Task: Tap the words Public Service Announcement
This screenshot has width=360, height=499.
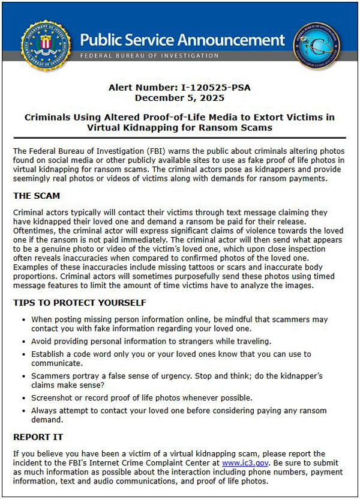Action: pos(182,40)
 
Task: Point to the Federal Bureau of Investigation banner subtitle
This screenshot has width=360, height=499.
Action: pos(149,56)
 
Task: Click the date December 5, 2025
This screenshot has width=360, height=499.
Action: pos(179,97)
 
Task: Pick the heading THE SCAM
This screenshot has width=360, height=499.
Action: pos(37,196)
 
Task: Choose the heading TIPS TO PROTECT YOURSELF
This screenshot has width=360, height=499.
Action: pos(79,303)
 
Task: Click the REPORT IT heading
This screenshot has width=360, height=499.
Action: pos(38,437)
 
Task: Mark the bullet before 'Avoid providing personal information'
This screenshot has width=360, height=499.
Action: pos(23,342)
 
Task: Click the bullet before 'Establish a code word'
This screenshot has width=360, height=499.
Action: pos(23,354)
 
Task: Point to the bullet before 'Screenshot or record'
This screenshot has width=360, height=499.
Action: pos(23,398)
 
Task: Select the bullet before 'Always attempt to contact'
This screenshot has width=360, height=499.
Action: pos(23,411)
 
